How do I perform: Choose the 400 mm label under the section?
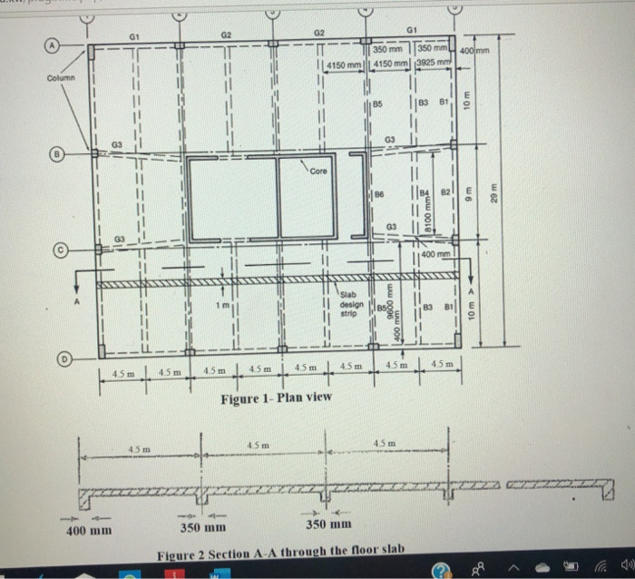91,527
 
